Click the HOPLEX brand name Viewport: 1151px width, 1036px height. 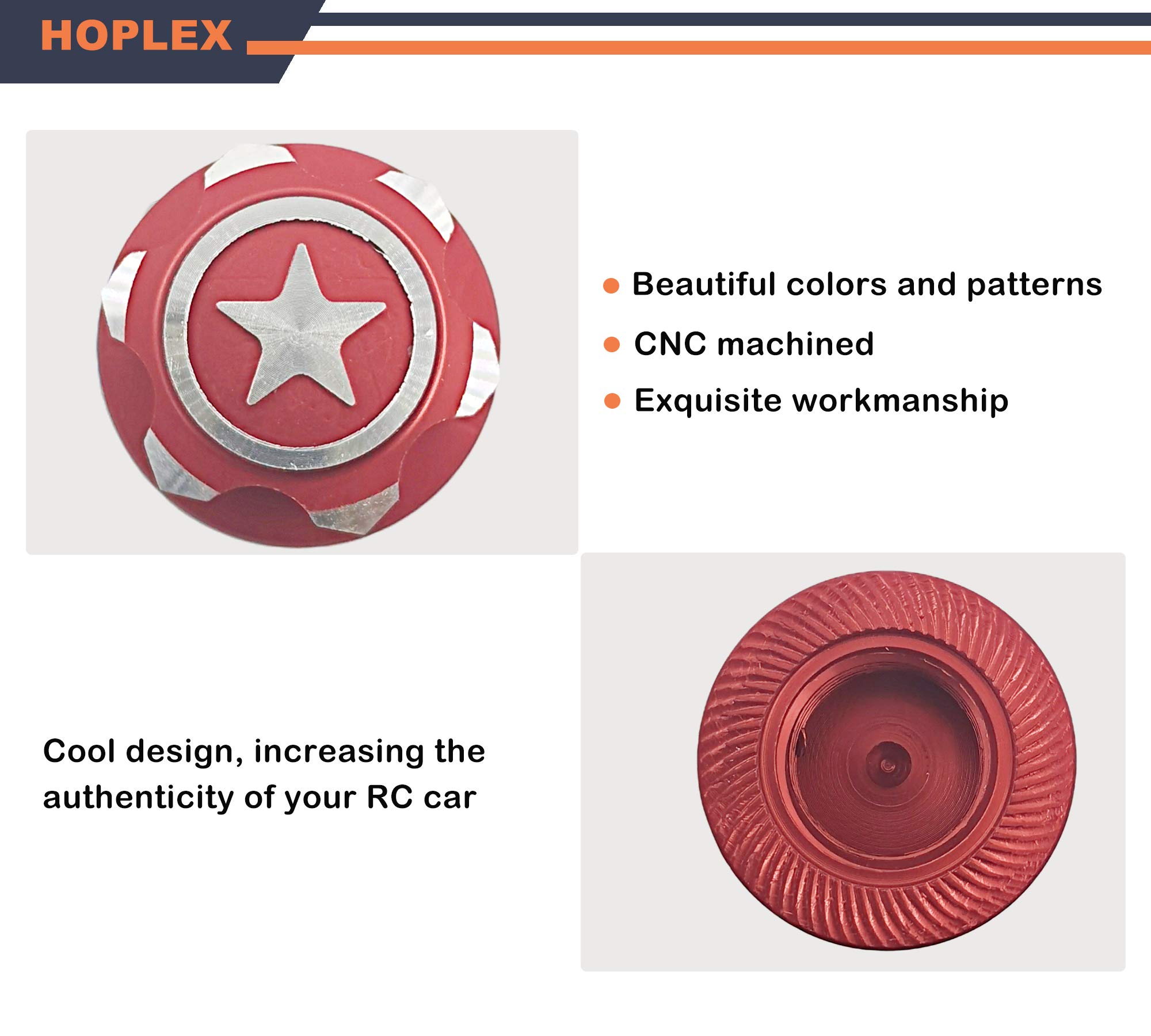(136, 36)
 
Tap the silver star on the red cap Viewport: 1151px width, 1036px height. (300, 326)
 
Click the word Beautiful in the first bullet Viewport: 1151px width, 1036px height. (704, 284)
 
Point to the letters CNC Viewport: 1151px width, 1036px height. (670, 344)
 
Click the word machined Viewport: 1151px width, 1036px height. (795, 344)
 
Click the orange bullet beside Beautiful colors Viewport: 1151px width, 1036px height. (611, 286)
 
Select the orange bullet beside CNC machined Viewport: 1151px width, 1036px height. (612, 345)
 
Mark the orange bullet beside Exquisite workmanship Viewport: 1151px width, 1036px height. (612, 401)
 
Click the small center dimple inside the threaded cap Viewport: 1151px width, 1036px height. (887, 765)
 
